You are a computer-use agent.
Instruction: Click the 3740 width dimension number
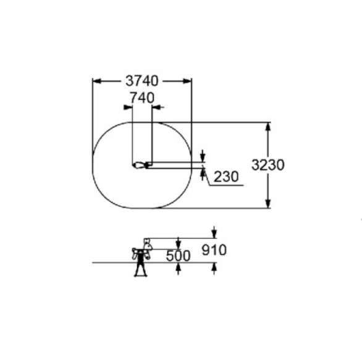[x=142, y=81]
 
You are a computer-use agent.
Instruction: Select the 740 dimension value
[x=142, y=98]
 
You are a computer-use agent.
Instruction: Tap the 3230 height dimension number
[x=268, y=165]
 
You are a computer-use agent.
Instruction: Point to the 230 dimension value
[x=226, y=177]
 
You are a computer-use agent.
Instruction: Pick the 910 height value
[x=214, y=250]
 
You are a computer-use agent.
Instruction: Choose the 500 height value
[x=178, y=256]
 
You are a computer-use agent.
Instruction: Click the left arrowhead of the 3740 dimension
[x=97, y=82]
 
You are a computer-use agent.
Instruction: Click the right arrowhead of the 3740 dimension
[x=187, y=82]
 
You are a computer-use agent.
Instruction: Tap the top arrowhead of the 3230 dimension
[x=268, y=127]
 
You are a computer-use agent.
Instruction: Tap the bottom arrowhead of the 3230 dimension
[x=268, y=204]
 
